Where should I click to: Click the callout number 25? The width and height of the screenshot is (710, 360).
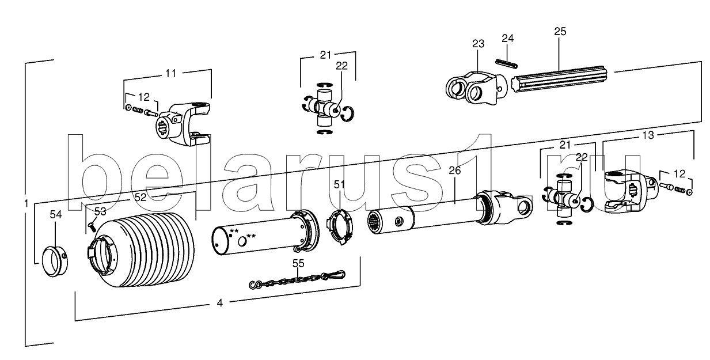(560, 31)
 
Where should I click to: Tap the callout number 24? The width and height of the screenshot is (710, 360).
(507, 39)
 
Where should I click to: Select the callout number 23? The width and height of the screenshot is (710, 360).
(479, 43)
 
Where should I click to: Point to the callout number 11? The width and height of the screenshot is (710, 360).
(171, 73)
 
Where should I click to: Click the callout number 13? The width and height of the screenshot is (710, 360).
(648, 135)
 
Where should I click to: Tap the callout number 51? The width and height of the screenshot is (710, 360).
(339, 184)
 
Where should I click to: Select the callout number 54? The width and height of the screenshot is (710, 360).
(55, 214)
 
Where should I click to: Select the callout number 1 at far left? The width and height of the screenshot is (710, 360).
(26, 203)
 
